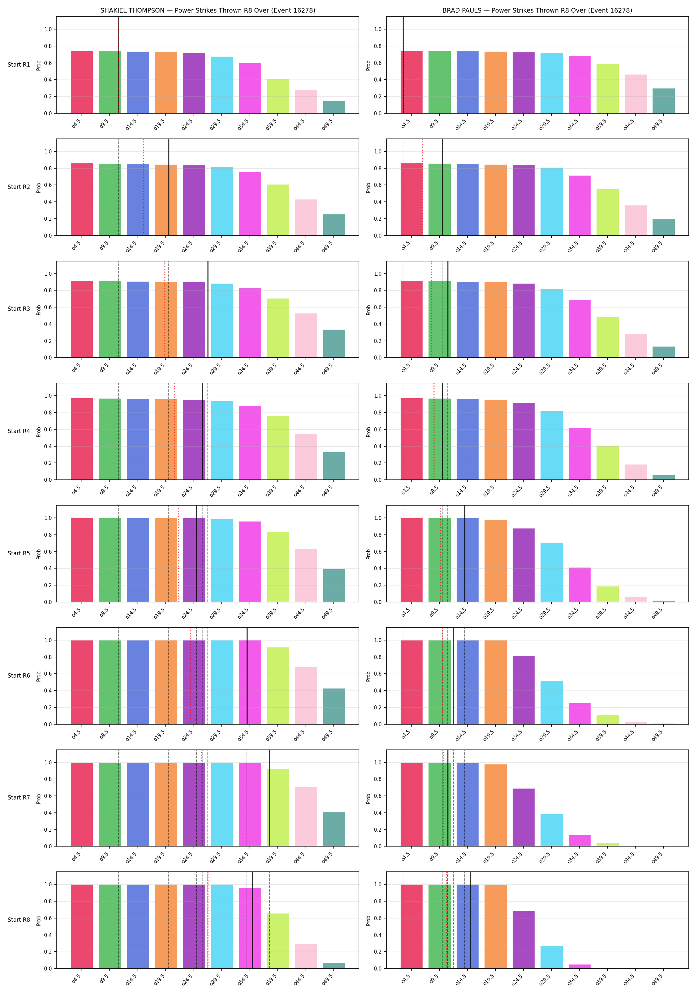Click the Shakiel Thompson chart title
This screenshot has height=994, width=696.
click(x=207, y=10)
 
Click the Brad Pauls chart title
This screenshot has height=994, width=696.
click(x=537, y=10)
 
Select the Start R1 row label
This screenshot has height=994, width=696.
click(x=19, y=65)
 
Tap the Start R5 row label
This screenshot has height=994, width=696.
click(x=19, y=553)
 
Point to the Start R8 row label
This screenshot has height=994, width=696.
click(x=19, y=919)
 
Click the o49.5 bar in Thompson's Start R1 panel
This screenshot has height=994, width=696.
click(x=334, y=107)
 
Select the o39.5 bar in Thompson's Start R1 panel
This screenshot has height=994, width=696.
click(x=278, y=96)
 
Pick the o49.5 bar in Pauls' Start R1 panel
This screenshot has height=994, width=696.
click(x=664, y=101)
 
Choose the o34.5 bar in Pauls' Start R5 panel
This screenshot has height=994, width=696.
click(x=579, y=585)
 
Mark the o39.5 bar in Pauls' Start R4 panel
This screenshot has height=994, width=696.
click(x=608, y=463)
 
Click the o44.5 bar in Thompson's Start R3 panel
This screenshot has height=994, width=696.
click(x=306, y=336)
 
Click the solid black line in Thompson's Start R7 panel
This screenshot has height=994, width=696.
click(x=269, y=798)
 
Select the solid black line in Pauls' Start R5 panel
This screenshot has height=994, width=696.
click(x=465, y=554)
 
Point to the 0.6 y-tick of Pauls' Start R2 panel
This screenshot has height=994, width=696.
click(x=378, y=185)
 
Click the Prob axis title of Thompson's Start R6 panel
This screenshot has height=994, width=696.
click(x=38, y=676)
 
